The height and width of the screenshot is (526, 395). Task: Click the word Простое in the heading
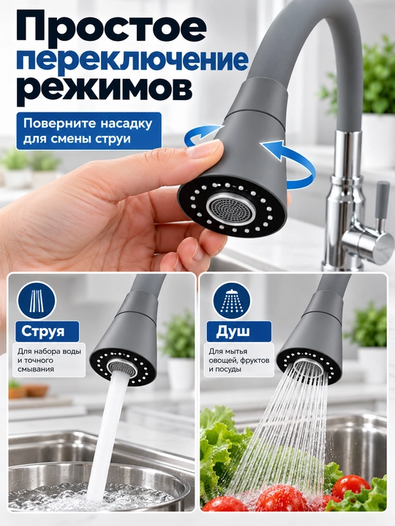(110, 26)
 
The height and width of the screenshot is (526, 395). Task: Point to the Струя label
(42, 332)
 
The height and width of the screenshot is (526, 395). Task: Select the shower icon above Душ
(232, 300)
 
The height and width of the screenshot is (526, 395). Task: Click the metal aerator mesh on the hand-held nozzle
(230, 209)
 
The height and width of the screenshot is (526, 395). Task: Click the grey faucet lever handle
(382, 205)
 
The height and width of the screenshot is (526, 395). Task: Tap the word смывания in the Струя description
(36, 370)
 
